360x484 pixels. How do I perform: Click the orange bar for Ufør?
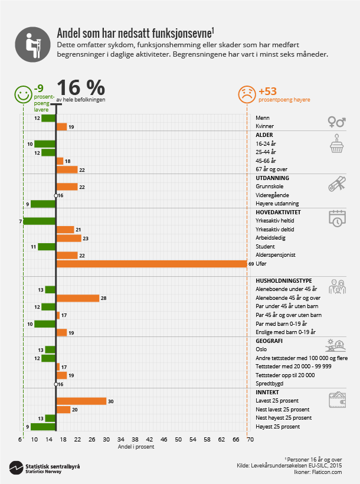pos(151,264)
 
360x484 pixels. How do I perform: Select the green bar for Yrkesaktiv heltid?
pos(40,221)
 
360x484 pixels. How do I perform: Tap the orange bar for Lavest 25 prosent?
pos(81,401)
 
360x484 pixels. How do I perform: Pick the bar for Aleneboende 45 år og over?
pos(77,298)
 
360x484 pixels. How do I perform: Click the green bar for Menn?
pos(48,118)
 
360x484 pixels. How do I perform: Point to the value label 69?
pos(251,264)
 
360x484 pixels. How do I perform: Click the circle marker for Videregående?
pos(56,195)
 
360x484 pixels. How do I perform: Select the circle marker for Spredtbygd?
pos(56,384)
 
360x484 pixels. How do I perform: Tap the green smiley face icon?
pos(23,93)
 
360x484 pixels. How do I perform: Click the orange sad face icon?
pos(247,93)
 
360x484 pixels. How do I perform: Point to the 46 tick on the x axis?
pos(164,440)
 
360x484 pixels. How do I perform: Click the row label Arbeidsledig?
pos(270,238)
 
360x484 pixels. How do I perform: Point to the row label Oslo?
pos(261,349)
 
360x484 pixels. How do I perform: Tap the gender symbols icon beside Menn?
pos(336,121)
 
